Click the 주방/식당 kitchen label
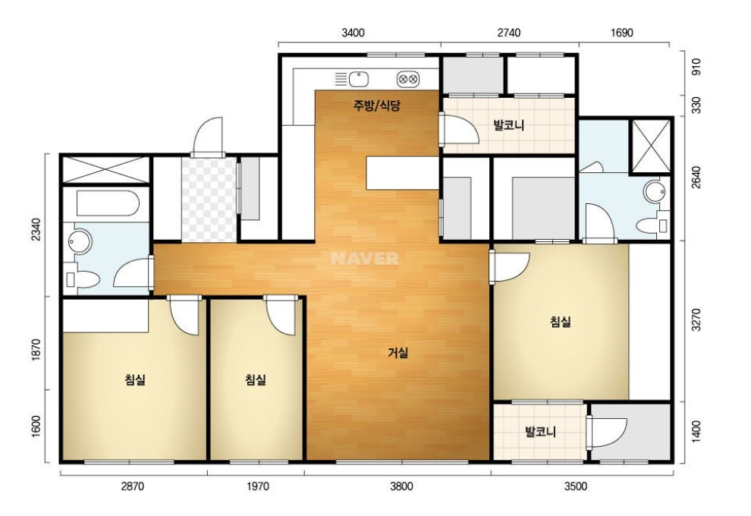(376, 105)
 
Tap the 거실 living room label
(398, 353)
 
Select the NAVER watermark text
(364, 259)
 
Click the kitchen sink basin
(358, 79)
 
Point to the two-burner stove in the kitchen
(409, 79)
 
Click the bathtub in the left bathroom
(108, 203)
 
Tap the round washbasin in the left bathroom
(80, 242)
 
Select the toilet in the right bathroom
(652, 225)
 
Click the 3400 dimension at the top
(353, 33)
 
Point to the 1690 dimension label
(622, 33)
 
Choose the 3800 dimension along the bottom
(401, 486)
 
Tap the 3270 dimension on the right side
(696, 319)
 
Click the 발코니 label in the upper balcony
(509, 125)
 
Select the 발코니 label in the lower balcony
(540, 432)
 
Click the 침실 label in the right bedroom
(561, 321)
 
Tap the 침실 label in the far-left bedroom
(135, 380)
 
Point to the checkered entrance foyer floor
(209, 200)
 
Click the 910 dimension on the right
(696, 66)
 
